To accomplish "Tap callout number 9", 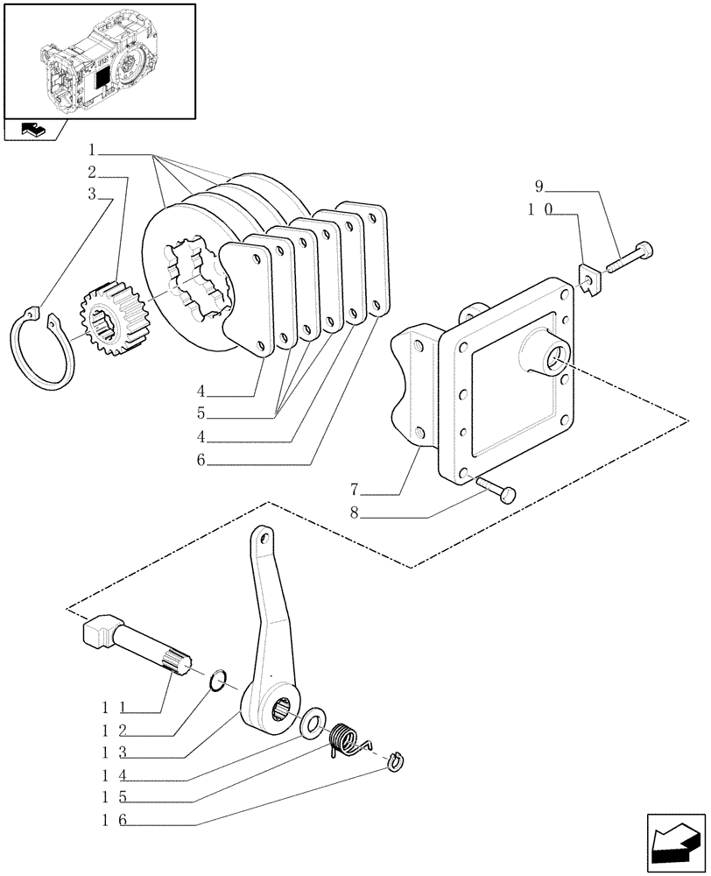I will (540, 186).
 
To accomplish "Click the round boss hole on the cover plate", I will (553, 358).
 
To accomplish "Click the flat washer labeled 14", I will (312, 724).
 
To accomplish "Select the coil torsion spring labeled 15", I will (345, 741).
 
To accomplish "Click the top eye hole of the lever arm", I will (259, 534).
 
